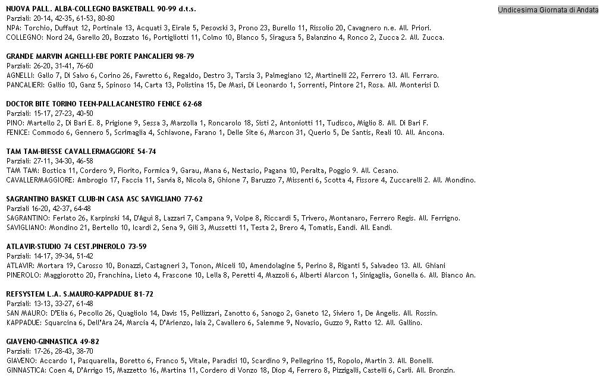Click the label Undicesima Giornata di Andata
(x=548, y=10)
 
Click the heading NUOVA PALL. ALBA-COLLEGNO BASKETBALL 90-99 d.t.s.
(x=100, y=9)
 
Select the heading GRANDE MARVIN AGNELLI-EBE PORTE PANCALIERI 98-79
(x=100, y=56)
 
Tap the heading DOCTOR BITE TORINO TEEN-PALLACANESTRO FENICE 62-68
(x=103, y=104)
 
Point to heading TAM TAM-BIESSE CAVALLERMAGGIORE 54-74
(x=81, y=152)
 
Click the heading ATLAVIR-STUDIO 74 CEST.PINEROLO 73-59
(x=76, y=247)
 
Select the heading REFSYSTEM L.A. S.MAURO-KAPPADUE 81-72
(x=80, y=294)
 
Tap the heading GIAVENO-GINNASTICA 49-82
(x=52, y=342)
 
